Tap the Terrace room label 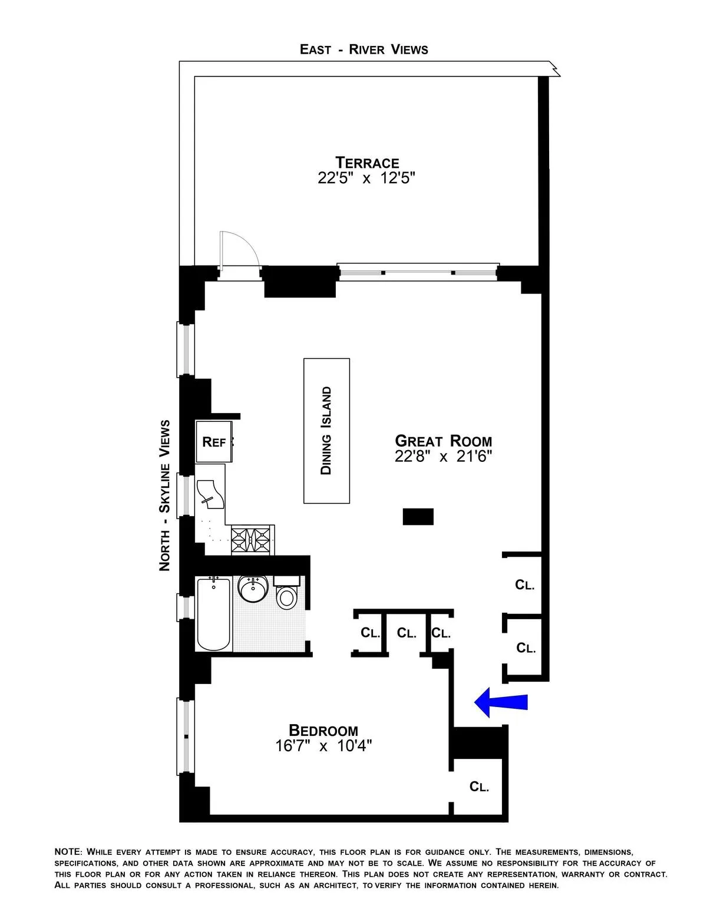(x=367, y=162)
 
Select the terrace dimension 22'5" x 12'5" (x=366, y=178)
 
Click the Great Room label (x=443, y=440)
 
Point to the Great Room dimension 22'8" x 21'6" (x=443, y=455)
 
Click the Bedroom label (x=323, y=731)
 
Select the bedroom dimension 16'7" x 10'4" (x=323, y=746)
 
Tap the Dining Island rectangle (x=326, y=431)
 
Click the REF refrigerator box (x=214, y=442)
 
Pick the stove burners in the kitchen (x=252, y=539)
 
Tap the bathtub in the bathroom (x=214, y=614)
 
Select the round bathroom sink (x=254, y=588)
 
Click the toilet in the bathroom (x=287, y=595)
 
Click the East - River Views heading (x=364, y=49)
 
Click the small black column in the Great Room (x=418, y=517)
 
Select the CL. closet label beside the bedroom (x=479, y=787)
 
